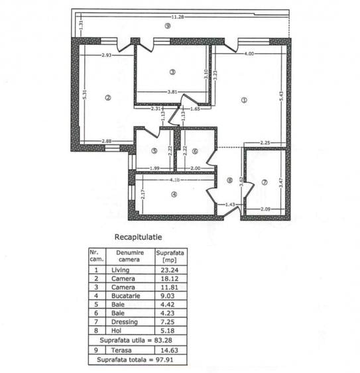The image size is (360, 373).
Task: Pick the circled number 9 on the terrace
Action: point(168,26)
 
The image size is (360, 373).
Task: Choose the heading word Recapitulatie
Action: point(139,235)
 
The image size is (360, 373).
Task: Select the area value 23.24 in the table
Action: point(168,270)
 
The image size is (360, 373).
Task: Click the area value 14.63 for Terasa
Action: point(168,351)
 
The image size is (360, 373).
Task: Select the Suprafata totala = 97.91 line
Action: point(137,360)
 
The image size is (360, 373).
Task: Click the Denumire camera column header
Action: point(126,256)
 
